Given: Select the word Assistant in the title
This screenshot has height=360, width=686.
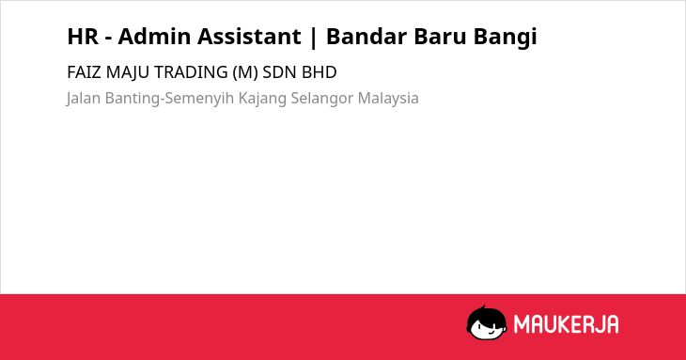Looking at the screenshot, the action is coord(249,36).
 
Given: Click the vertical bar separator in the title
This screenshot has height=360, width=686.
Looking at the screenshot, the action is coord(313,38).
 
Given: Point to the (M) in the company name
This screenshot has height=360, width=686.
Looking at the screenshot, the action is coord(245,72).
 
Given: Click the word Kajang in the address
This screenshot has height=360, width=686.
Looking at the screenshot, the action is coord(262,99).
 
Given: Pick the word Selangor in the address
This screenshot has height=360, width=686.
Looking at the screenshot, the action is coord(322,99).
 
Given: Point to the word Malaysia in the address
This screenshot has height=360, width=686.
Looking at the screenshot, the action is coord(388,99).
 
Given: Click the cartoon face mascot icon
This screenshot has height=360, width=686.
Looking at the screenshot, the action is coord(487,323).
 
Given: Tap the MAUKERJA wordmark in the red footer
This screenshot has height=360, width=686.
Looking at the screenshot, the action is coord(566,324).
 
